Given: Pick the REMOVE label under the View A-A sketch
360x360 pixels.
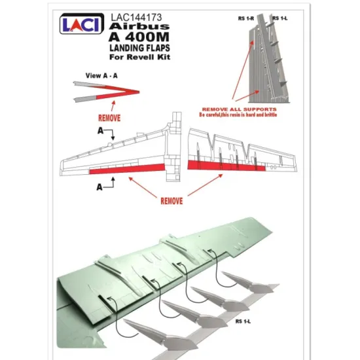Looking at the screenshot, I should click(x=109, y=119).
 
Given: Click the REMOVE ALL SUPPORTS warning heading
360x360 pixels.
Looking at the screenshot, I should click(x=238, y=109).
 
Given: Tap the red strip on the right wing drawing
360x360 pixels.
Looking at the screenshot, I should click(x=226, y=164).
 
